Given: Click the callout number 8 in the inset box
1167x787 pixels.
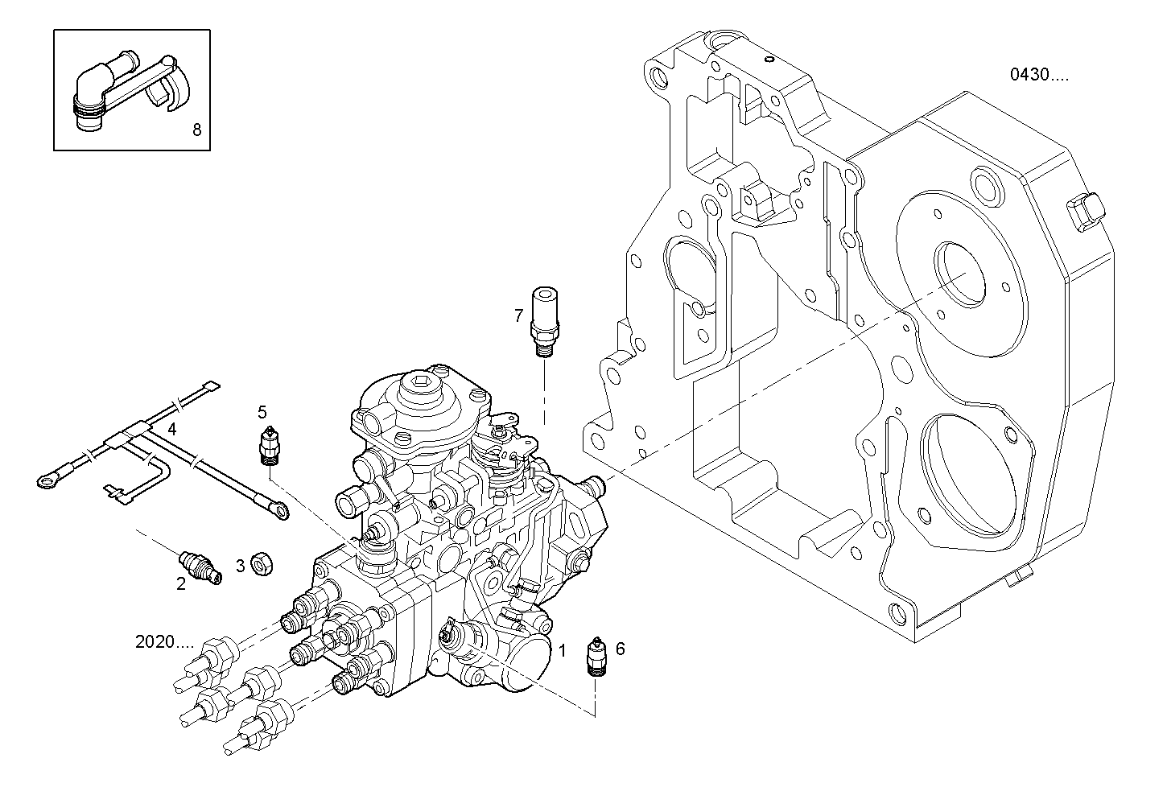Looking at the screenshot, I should point(197,129).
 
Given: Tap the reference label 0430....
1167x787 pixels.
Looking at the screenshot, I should point(1039,75).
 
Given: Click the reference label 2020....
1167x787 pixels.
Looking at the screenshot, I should point(164,642).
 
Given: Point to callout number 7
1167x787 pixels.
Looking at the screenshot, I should point(519,315).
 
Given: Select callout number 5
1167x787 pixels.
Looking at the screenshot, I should point(262,412).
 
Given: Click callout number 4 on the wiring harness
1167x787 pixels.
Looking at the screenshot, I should point(172,429).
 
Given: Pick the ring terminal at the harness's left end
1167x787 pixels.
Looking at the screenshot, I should point(47,481).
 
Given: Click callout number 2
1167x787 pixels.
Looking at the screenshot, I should point(181,584).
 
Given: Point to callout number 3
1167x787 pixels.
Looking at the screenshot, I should point(240,566).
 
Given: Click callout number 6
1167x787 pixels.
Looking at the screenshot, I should point(620,648).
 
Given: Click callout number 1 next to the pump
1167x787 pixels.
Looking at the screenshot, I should point(563,649).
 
